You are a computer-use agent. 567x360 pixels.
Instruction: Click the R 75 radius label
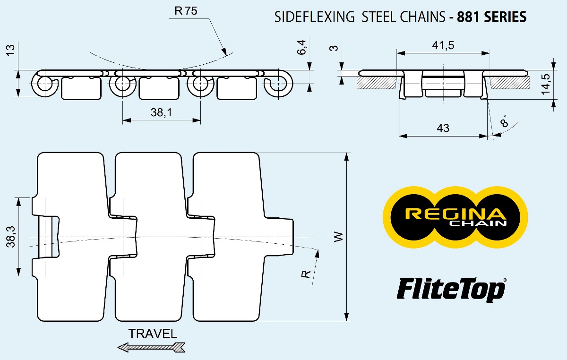185,12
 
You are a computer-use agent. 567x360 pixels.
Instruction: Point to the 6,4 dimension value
302,47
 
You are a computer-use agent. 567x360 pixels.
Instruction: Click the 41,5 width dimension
443,45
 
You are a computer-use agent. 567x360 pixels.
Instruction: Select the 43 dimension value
443,128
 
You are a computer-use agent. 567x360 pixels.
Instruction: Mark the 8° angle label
505,121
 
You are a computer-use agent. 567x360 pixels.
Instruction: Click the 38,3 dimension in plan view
12,236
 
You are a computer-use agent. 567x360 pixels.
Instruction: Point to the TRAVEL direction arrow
152,348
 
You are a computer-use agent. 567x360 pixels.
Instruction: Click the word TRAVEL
153,334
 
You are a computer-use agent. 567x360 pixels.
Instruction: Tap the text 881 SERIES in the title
488,17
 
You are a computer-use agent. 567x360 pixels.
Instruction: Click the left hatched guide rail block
377,83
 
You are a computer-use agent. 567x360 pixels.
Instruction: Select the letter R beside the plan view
307,273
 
